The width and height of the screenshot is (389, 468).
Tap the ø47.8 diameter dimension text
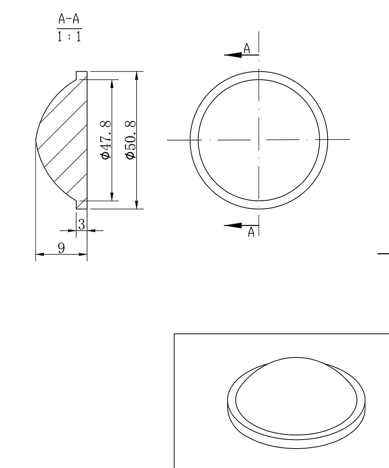coord(106,140)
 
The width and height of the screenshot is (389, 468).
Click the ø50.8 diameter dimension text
coord(131,140)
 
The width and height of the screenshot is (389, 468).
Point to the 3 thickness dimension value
coord(81,224)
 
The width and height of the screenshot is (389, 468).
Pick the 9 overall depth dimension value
coord(61,248)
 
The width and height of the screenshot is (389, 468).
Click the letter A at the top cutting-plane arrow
coord(247,48)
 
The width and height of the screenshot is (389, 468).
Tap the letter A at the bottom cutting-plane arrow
coord(251,232)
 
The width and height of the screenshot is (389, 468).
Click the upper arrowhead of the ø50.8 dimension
coord(136,76)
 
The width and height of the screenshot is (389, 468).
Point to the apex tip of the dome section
coord(36,140)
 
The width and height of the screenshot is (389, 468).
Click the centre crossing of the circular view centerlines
coord(259,140)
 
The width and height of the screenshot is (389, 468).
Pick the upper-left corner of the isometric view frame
coord(174,334)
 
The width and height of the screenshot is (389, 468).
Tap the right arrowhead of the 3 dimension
coord(91,231)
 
